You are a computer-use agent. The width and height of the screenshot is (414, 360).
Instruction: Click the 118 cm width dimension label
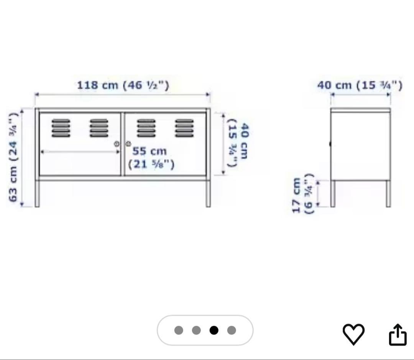[x=123, y=85]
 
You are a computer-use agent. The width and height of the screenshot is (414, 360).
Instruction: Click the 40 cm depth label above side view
[x=360, y=85]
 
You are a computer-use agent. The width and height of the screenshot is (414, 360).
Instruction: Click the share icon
[x=398, y=335]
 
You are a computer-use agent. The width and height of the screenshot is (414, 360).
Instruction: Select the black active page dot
[x=214, y=330]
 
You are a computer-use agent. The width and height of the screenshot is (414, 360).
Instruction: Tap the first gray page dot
[x=179, y=330]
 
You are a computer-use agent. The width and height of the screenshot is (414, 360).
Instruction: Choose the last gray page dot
[x=232, y=330]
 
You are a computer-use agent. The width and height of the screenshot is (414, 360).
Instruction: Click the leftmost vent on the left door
[x=61, y=128]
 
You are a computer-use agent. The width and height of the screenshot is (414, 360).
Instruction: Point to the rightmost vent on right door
[x=184, y=128]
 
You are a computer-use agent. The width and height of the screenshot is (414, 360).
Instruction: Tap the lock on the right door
[x=128, y=144]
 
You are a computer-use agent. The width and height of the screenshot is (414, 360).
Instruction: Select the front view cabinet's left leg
[x=37, y=193]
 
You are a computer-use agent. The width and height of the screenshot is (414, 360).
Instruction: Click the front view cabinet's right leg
[x=208, y=193]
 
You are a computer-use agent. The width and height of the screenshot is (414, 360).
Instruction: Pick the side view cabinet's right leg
[x=388, y=193]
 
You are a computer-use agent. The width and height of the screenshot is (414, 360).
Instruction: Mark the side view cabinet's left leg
[x=333, y=193]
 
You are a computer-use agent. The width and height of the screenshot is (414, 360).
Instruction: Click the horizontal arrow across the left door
[x=80, y=152]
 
